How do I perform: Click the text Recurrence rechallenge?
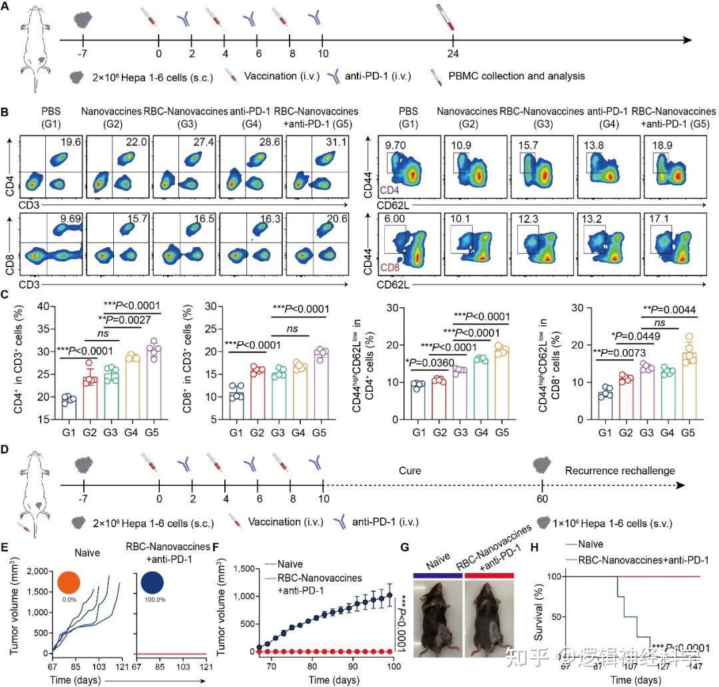pos(620,470)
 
